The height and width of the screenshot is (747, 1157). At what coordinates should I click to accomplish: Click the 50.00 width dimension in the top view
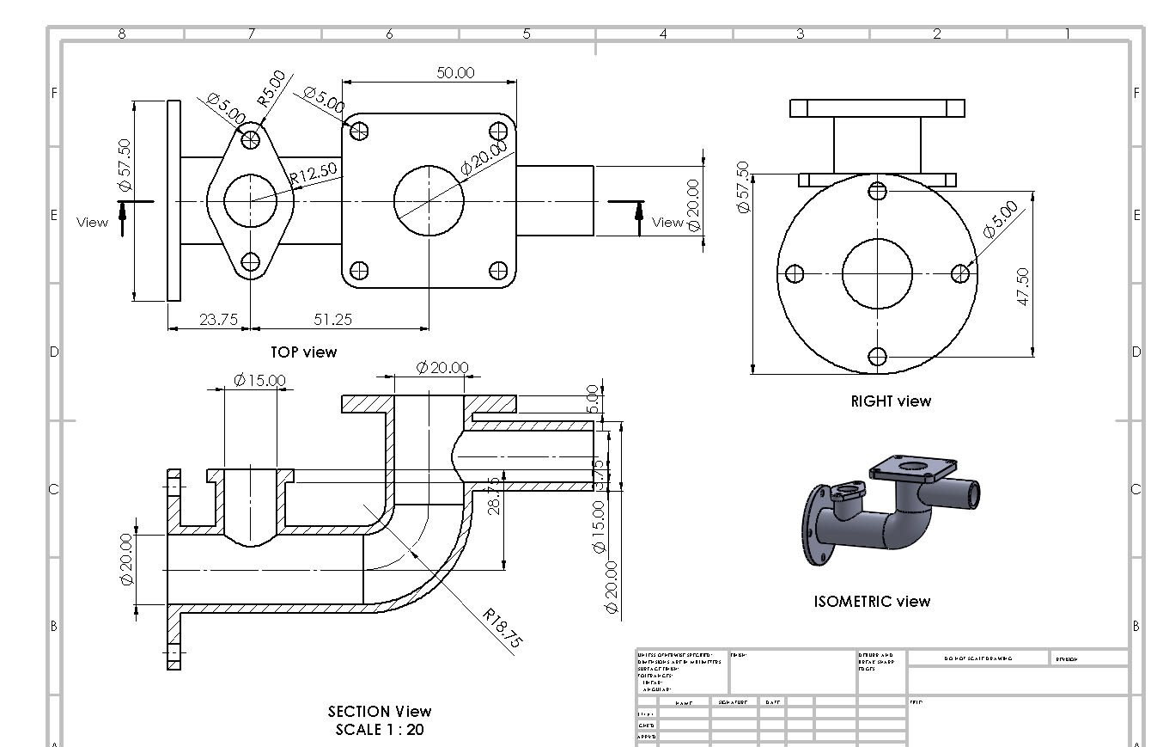click(454, 72)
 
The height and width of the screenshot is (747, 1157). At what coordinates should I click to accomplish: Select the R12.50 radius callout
click(314, 173)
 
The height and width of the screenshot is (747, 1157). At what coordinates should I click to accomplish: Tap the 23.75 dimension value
click(218, 319)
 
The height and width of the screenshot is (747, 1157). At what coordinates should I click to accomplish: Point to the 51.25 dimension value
click(332, 319)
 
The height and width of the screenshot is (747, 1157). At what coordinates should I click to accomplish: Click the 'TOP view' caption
click(303, 352)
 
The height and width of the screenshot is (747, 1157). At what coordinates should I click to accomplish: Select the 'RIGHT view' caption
click(890, 401)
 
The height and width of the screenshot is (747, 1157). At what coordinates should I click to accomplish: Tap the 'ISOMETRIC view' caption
click(871, 602)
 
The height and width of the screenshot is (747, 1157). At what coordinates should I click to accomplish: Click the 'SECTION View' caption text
click(379, 711)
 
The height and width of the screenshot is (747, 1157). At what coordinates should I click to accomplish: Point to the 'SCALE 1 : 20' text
click(379, 730)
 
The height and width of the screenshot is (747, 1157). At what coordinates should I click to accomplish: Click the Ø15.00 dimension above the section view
click(259, 380)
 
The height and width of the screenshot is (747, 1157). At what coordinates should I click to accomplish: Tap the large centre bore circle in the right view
click(876, 273)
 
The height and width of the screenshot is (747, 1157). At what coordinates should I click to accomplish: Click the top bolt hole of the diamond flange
click(251, 138)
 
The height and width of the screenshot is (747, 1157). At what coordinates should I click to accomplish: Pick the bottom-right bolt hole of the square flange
click(498, 271)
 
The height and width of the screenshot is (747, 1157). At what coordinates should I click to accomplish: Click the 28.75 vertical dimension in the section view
click(494, 496)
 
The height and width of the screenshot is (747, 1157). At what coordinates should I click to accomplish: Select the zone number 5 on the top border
click(527, 34)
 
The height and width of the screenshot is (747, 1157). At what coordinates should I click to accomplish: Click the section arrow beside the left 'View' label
click(123, 217)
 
